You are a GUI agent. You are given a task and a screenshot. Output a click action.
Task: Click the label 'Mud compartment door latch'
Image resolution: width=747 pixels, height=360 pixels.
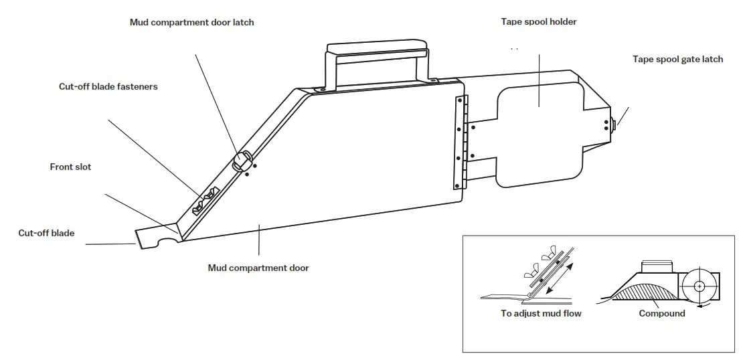tap(191, 22)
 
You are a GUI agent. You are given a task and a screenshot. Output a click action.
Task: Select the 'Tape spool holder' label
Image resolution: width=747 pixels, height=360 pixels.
tap(538, 21)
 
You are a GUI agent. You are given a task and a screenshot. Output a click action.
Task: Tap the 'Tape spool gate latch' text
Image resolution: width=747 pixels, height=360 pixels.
tap(677, 59)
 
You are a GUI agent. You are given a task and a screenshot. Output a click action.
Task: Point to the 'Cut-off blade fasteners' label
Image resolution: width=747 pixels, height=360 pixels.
tap(108, 86)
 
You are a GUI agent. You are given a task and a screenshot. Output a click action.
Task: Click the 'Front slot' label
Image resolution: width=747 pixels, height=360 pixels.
tap(70, 167)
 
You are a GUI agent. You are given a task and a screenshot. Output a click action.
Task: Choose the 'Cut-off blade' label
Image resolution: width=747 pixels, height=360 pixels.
tap(46, 233)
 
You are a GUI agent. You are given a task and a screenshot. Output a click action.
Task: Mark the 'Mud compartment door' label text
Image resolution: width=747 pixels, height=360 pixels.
tap(258, 268)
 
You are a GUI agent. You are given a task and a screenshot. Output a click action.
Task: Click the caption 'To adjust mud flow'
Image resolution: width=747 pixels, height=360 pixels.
tap(541, 313)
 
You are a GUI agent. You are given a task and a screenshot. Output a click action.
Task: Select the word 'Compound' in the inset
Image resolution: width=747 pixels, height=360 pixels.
tap(661, 313)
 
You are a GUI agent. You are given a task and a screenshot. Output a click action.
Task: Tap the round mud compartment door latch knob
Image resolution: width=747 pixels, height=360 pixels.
tap(242, 159)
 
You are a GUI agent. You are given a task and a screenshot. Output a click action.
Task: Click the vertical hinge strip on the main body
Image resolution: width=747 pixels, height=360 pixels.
tap(461, 142)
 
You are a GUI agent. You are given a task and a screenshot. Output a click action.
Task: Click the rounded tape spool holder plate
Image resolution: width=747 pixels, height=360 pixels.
tap(539, 134)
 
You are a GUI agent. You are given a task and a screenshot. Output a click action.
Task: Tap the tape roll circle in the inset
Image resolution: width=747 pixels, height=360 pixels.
tap(698, 286)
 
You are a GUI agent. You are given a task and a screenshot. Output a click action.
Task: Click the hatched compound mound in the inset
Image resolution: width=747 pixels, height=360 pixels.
tap(643, 291)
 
